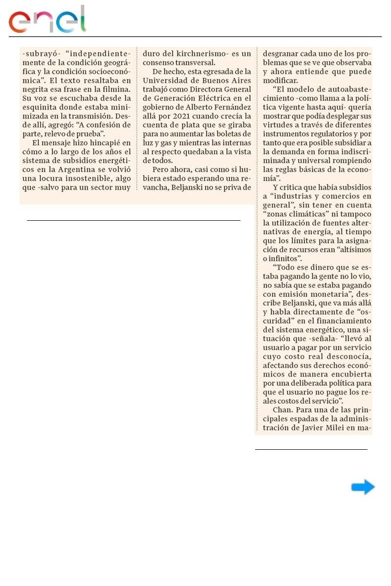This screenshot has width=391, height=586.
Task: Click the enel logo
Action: (47, 20)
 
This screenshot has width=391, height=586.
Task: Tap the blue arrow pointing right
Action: (363, 487)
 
